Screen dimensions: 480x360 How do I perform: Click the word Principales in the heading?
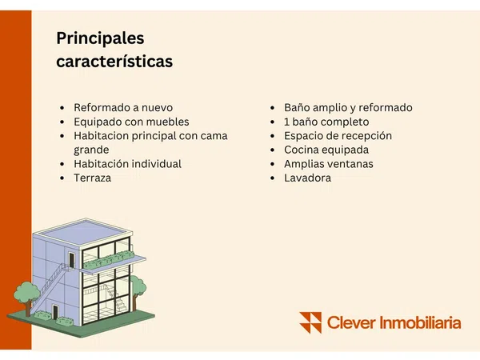[100, 39]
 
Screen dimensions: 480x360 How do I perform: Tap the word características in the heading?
[114, 62]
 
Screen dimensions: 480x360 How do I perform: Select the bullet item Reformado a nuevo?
[123, 107]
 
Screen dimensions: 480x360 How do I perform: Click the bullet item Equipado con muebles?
[131, 122]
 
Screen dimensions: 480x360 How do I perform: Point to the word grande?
[91, 150]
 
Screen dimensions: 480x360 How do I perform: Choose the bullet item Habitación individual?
[127, 164]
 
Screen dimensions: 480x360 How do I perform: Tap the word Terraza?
[93, 178]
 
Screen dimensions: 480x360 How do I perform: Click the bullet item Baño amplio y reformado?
[348, 107]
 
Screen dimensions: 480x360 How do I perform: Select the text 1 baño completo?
[326, 122]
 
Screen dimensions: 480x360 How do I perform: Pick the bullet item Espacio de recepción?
[338, 136]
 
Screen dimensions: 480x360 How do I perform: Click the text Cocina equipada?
[326, 150]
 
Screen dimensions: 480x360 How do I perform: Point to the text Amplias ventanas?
[329, 164]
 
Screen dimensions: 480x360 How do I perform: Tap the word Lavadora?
[307, 178]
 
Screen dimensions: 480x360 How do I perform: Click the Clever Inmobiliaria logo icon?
[310, 322]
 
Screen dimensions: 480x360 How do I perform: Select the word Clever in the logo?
[351, 323]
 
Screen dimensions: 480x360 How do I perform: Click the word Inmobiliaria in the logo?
[420, 323]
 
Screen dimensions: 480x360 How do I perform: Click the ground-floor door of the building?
[55, 312]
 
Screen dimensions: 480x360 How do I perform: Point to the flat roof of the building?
[82, 232]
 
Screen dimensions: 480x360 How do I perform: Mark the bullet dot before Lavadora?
[273, 178]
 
